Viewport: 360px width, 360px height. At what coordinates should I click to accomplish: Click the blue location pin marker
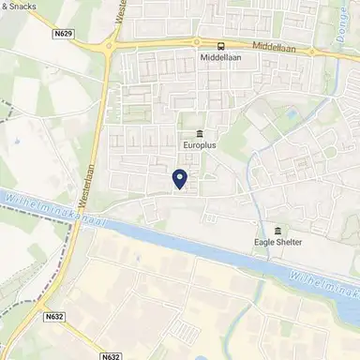pos(180,176)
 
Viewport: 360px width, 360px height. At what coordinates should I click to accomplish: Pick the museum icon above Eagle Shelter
pos(278,232)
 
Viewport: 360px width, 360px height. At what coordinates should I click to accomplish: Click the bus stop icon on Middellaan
pos(220,44)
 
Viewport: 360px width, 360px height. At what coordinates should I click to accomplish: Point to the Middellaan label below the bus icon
pos(220,58)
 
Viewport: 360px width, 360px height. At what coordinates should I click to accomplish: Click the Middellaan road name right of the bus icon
pos(262,45)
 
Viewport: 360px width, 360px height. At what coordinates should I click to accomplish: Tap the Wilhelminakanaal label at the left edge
pos(42,211)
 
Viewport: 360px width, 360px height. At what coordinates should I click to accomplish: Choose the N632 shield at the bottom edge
pos(111,355)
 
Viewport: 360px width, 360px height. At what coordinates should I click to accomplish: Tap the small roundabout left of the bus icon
pos(196,41)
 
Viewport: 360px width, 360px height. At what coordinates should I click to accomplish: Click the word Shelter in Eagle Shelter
pos(291,247)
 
